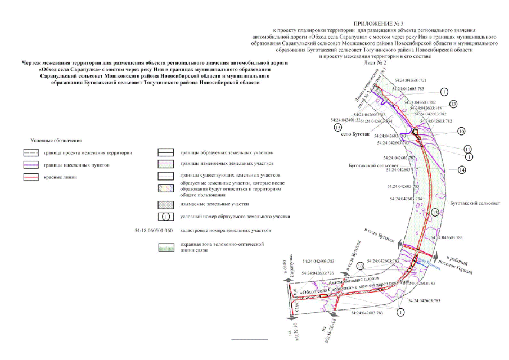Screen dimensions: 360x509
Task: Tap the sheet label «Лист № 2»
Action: point(376,64)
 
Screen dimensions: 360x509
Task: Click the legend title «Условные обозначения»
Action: point(56,139)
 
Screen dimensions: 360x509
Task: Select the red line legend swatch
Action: point(31,177)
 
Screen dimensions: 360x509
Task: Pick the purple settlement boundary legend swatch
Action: point(31,165)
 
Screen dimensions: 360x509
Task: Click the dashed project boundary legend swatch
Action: point(31,154)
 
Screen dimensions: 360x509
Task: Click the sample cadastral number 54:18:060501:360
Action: point(155,231)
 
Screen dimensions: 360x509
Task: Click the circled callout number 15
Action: point(337,128)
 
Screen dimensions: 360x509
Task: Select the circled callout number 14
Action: point(461,169)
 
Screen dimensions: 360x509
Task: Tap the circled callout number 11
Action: point(467,149)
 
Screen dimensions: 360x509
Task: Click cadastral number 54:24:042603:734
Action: point(403,199)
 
